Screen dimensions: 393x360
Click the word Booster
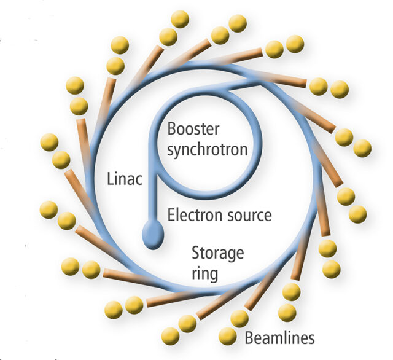click(193, 129)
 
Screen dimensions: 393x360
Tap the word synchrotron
click(208, 150)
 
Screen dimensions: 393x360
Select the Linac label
click(125, 179)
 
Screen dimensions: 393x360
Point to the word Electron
click(195, 215)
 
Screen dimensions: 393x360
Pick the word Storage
click(218, 254)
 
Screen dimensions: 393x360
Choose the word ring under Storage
click(204, 273)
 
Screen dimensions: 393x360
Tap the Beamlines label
click(279, 338)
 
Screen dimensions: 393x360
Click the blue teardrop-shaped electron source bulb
click(153, 235)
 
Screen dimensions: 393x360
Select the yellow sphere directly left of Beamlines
click(228, 336)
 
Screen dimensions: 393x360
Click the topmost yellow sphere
click(180, 19)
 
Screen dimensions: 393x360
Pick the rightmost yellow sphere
click(362, 149)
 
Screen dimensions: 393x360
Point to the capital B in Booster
click(171, 129)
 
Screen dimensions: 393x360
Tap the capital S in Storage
click(196, 253)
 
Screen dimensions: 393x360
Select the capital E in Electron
click(171, 215)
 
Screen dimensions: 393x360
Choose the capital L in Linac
click(110, 179)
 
